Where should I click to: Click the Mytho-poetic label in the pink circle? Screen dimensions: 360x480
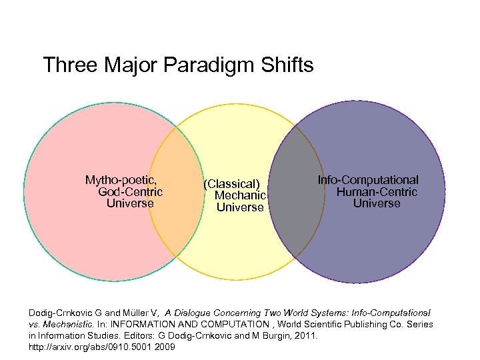[x=125, y=180]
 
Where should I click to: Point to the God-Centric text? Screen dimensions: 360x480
[x=130, y=192]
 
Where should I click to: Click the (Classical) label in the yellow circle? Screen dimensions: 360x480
[x=231, y=183]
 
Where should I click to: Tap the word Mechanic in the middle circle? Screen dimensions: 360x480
[x=240, y=195]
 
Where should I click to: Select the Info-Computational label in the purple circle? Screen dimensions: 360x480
[x=368, y=180]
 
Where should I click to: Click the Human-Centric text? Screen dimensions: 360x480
[x=377, y=192]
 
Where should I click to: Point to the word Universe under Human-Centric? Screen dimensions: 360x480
[x=377, y=203]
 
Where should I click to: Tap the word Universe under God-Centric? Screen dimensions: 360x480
[x=130, y=203]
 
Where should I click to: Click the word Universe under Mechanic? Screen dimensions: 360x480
[x=240, y=207]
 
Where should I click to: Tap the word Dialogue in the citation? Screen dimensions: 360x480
[x=196, y=313]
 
